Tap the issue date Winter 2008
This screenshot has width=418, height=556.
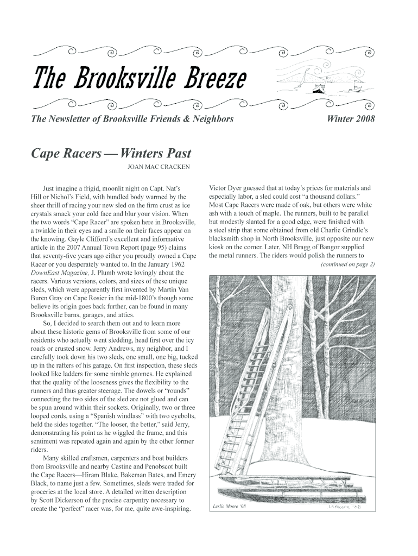click(351, 119)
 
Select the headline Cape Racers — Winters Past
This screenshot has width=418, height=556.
click(111, 154)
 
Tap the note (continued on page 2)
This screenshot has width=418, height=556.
click(347, 264)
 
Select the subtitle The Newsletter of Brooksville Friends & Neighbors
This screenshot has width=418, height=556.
click(132, 119)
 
